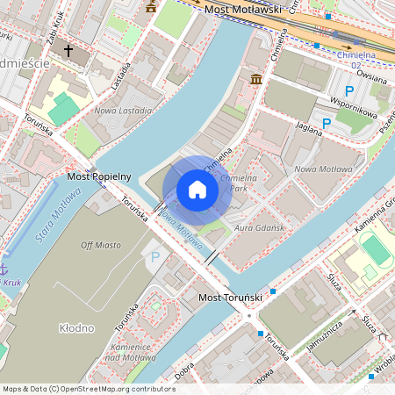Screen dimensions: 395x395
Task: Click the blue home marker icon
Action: coord(197,189)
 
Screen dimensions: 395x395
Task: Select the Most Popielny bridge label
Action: coord(99,176)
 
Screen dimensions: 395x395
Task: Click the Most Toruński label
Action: coord(231,298)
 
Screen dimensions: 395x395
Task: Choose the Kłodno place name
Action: coord(76,327)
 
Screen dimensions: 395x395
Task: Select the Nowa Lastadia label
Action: coord(122,111)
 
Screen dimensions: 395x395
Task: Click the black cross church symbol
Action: coord(68,51)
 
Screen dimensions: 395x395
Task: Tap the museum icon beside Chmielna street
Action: coord(256,80)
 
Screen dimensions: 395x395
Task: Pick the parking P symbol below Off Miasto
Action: coord(155,257)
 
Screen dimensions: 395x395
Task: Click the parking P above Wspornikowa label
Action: coord(349,91)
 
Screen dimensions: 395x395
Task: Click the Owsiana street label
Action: coord(372,76)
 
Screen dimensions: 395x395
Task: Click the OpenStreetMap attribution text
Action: coord(89,388)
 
